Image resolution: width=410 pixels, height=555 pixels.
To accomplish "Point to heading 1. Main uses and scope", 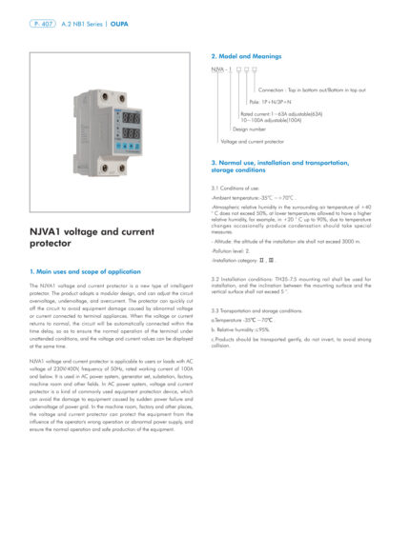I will (x=86, y=271).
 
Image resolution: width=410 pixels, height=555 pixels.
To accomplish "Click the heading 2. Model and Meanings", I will (x=251, y=57).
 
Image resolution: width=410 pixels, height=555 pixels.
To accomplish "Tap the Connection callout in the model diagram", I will (x=312, y=89).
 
